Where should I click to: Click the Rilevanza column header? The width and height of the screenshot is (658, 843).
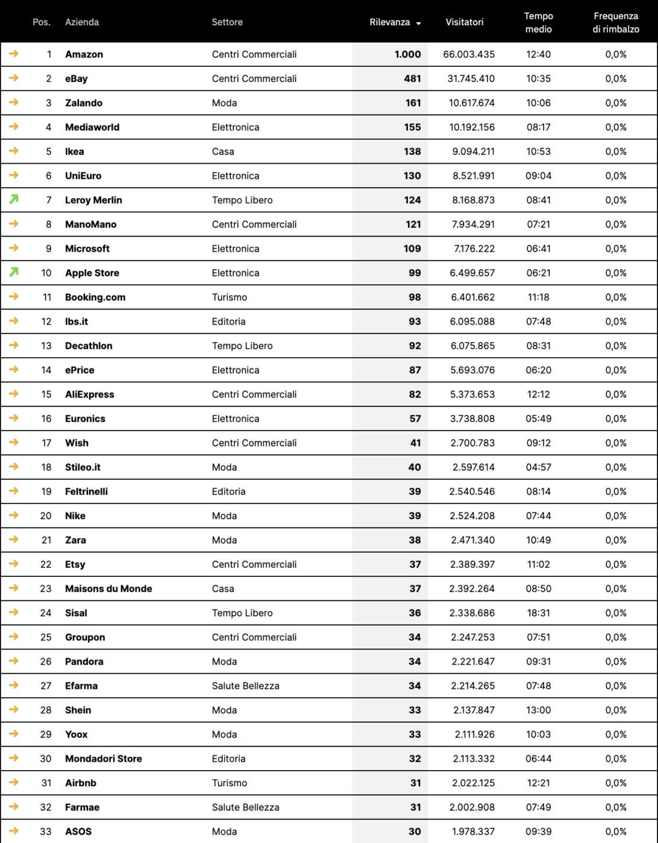tap(389, 22)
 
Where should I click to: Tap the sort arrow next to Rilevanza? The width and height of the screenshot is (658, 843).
tap(418, 23)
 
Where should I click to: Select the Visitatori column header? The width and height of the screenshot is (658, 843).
tap(464, 22)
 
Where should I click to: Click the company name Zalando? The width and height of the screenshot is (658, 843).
tap(84, 103)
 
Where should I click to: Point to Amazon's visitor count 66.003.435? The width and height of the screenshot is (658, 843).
tap(469, 54)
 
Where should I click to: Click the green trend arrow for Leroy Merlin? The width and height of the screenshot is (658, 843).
tap(14, 199)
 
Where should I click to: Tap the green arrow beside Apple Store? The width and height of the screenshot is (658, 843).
tap(14, 272)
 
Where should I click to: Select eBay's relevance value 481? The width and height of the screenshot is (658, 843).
tap(413, 79)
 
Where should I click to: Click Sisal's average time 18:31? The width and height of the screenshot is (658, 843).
tap(538, 613)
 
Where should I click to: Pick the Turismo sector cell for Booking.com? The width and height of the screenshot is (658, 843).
tap(230, 297)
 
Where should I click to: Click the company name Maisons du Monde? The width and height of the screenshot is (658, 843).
tap(108, 589)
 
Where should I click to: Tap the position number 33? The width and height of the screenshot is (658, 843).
tap(46, 832)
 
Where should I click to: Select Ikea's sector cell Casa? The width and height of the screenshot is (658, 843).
tap(223, 152)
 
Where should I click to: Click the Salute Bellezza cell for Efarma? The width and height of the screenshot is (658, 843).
tap(245, 686)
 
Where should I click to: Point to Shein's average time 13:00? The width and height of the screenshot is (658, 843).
tap(538, 710)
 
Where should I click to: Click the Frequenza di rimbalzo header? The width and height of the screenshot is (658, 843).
tap(615, 22)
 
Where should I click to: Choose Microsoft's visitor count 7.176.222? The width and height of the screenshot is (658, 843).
tap(472, 249)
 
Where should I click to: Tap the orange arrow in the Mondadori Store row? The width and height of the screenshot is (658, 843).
tap(14, 758)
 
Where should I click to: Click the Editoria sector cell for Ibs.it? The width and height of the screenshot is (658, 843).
tap(228, 322)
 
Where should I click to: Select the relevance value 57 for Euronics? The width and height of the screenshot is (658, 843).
tap(415, 418)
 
